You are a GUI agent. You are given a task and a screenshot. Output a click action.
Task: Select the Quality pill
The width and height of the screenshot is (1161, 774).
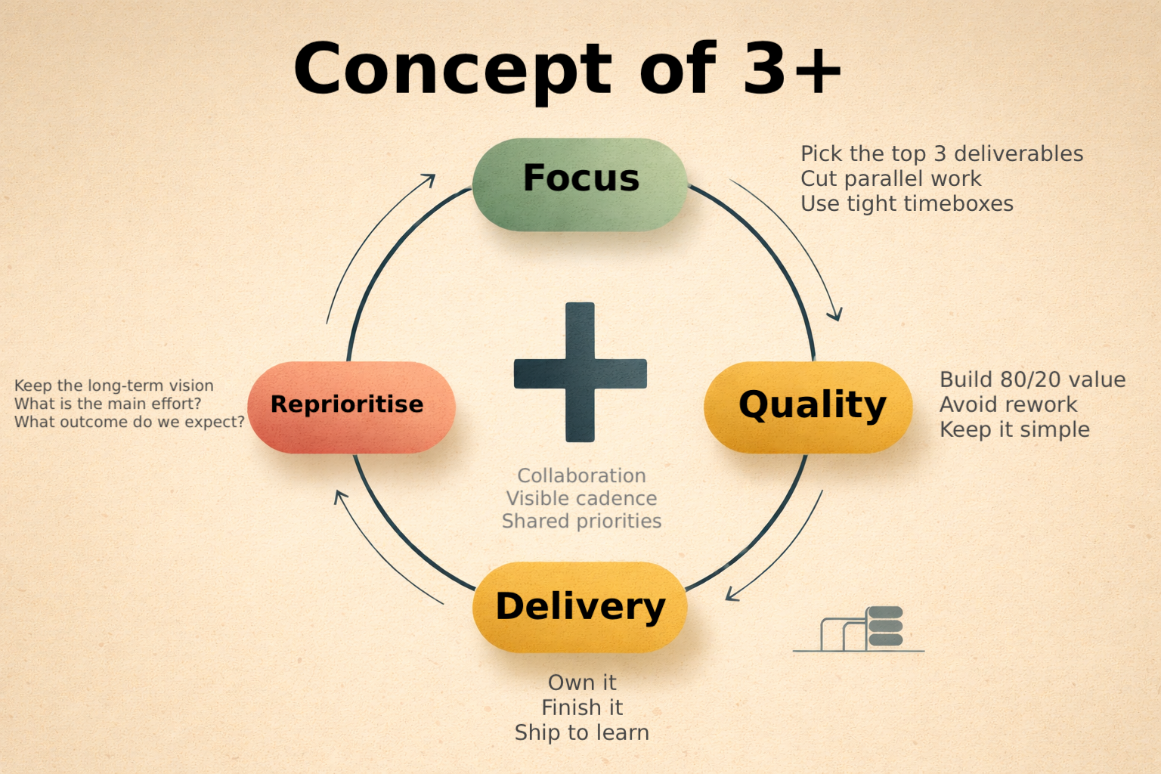(x=808, y=407)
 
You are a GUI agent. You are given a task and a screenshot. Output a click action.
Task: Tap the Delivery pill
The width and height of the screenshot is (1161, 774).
(x=580, y=607)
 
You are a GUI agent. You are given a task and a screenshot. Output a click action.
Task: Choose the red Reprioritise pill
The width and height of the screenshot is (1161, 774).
(x=351, y=407)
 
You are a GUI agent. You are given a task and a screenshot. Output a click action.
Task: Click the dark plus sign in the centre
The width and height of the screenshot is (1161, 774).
(x=580, y=373)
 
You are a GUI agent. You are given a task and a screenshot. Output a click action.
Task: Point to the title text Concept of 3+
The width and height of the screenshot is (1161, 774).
(x=567, y=70)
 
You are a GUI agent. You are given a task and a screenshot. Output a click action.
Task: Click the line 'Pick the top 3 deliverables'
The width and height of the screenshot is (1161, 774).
(x=942, y=154)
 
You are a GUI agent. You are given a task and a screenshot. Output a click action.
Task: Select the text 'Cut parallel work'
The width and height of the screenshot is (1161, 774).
(x=890, y=179)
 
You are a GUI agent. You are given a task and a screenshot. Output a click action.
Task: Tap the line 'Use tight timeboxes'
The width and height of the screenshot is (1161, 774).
(x=907, y=204)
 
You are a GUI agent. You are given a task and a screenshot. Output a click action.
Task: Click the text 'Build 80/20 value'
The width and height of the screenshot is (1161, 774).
(x=1033, y=379)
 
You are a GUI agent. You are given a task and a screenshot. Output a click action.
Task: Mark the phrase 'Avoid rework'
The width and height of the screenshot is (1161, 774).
(x=1008, y=404)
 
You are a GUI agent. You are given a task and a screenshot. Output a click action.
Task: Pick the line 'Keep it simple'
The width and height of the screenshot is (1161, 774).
(x=1014, y=429)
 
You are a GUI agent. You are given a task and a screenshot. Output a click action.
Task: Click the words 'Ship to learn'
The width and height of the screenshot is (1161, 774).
(x=582, y=732)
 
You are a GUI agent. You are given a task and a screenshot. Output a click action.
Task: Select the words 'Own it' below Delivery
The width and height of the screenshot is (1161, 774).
(x=582, y=683)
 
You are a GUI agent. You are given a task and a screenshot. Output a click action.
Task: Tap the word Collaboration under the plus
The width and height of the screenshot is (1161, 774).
(x=582, y=475)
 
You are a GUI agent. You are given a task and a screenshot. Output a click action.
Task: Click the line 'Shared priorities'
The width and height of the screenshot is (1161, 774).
(x=582, y=521)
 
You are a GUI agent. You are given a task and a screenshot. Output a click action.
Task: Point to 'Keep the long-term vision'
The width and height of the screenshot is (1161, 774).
(x=113, y=385)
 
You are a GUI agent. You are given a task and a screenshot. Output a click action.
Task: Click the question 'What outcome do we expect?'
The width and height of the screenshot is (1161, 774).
(x=129, y=422)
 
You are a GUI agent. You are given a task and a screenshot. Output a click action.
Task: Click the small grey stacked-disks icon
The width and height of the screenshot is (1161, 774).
(x=885, y=627)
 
